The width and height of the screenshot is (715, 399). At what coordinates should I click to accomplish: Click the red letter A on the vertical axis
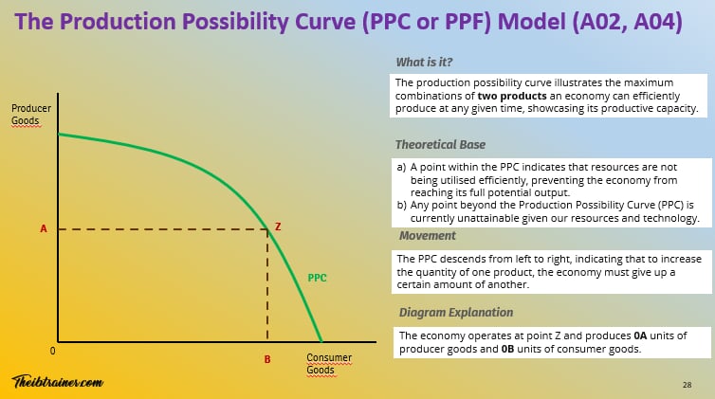tap(44, 228)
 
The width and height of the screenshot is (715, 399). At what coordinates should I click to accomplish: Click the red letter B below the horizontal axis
tap(267, 360)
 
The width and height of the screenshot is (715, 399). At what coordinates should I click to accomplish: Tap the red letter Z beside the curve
tap(278, 227)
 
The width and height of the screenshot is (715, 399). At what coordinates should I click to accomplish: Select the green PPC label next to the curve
tap(319, 279)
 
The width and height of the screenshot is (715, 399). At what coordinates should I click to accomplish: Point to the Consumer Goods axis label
tap(328, 364)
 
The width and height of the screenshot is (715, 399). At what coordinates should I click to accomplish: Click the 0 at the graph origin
tap(53, 350)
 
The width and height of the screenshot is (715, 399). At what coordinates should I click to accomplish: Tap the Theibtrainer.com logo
tap(57, 381)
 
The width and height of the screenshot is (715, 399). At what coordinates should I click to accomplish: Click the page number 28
tap(687, 385)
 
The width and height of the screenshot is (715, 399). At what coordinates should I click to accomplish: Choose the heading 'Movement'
tap(427, 235)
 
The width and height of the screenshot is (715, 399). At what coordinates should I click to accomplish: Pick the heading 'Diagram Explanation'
tap(456, 312)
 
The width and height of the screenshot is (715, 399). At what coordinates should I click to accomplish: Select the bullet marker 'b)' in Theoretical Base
tap(401, 205)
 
